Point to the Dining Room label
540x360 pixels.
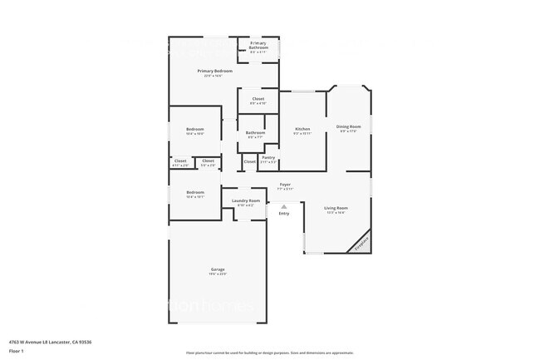coord(349,128)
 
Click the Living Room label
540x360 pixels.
coord(336,210)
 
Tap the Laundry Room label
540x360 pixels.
coord(246,202)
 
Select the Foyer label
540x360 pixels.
coord(284,186)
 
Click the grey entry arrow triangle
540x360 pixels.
coord(283,206)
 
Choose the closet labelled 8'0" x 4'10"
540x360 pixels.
coord(258,101)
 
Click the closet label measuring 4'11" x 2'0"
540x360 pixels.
coord(180,163)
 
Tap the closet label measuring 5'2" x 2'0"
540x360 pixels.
coord(209,163)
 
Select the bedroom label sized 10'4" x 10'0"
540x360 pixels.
coord(195,131)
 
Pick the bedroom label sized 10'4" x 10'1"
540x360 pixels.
coord(195,195)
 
